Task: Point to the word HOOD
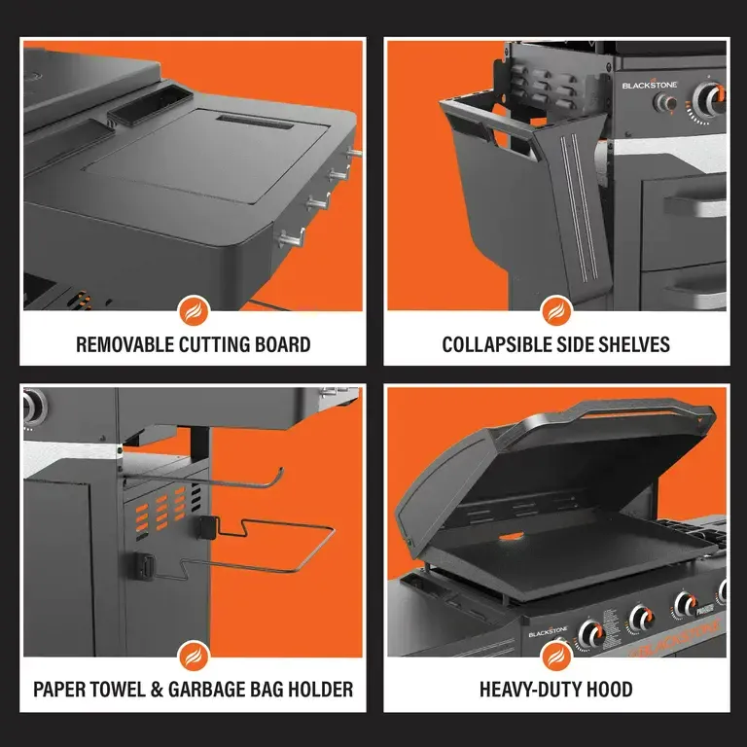pos(609,690)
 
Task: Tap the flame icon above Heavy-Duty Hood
pos(555,658)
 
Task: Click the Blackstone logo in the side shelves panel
pos(650,85)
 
